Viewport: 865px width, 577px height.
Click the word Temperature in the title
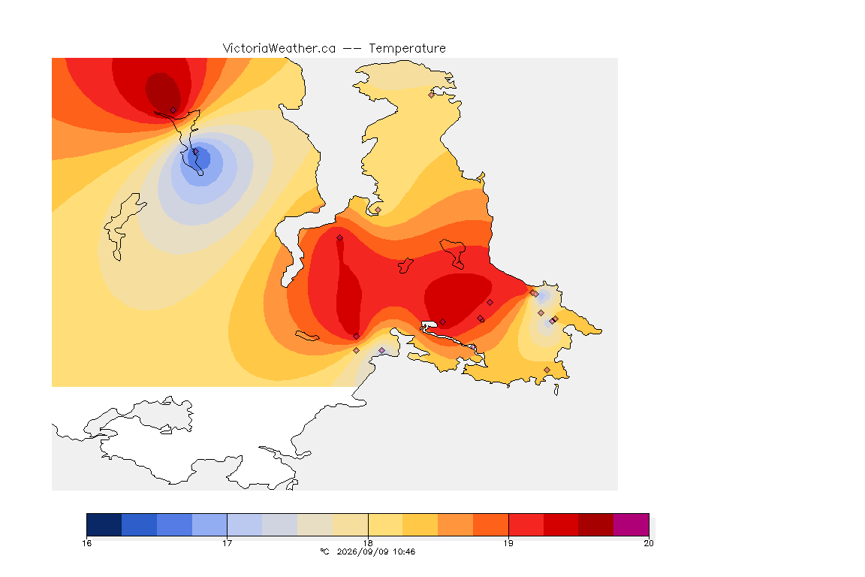click(x=407, y=49)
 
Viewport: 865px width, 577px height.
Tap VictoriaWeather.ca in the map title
click(x=279, y=49)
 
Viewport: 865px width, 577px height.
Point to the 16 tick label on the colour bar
click(x=86, y=543)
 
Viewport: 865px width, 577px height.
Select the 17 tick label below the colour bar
click(x=228, y=543)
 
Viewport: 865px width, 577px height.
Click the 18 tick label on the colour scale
click(x=368, y=543)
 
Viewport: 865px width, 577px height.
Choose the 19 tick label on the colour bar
click(x=508, y=543)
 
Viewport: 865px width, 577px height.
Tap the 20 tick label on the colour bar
click(x=649, y=543)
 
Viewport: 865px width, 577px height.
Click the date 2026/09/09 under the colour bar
click(x=361, y=551)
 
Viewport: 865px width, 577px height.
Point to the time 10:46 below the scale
click(x=402, y=551)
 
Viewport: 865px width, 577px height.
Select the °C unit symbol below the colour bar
click(x=324, y=551)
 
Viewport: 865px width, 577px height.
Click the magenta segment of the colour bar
click(x=631, y=524)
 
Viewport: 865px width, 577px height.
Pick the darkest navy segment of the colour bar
click(x=104, y=524)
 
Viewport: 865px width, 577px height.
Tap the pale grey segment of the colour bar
click(x=279, y=524)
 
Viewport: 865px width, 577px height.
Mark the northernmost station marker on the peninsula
click(x=432, y=95)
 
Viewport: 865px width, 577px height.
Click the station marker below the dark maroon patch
click(x=173, y=110)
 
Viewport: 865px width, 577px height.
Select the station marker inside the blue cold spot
click(x=195, y=151)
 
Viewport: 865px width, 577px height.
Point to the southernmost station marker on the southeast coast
click(x=547, y=370)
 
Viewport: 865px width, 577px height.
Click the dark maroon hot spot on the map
click(x=162, y=91)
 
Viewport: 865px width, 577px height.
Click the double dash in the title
click(x=352, y=49)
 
